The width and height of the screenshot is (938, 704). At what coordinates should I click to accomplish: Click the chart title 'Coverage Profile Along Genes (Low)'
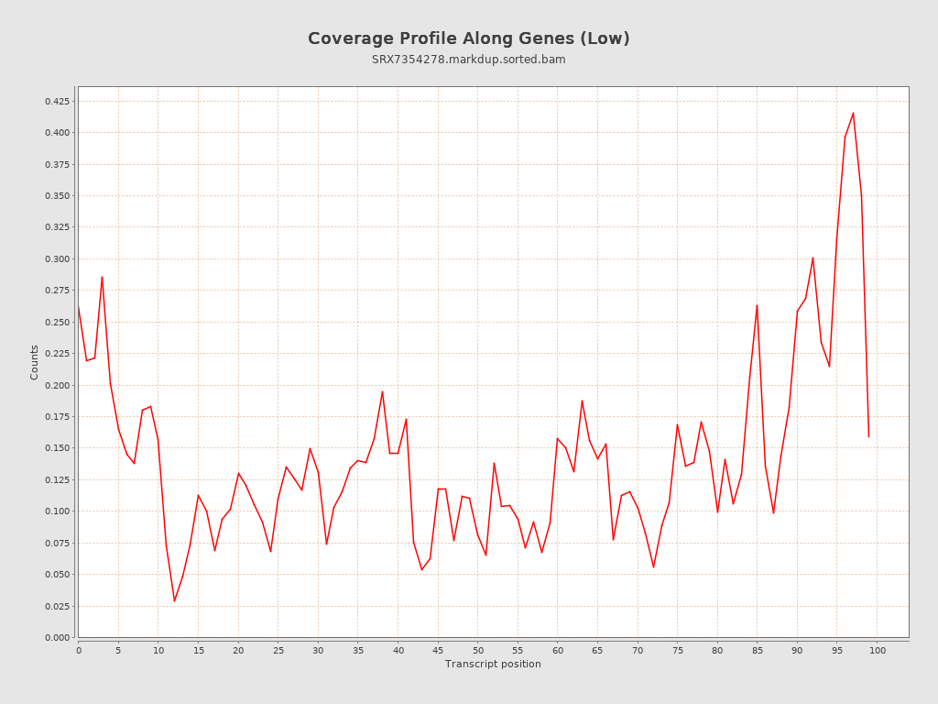[468, 38]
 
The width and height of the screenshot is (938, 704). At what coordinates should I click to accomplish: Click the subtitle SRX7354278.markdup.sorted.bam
[468, 60]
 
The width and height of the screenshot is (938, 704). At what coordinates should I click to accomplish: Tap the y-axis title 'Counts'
[35, 362]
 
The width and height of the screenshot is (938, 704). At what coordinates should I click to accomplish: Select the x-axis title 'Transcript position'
[493, 664]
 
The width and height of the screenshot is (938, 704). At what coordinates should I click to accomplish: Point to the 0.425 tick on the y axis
[57, 101]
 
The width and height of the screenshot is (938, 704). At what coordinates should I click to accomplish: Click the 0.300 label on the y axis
[57, 259]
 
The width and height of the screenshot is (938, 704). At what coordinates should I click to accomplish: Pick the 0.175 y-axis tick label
[57, 417]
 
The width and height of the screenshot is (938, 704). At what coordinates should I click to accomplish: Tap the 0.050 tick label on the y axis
[57, 575]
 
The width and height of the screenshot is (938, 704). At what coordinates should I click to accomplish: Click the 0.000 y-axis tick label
[57, 638]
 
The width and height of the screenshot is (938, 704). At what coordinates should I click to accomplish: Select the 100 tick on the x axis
[878, 650]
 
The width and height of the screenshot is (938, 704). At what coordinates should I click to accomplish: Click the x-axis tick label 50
[478, 650]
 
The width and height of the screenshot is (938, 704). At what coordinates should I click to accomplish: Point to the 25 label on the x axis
[278, 650]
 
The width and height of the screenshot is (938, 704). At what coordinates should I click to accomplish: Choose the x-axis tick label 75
[678, 650]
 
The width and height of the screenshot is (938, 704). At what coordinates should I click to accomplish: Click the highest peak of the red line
[853, 113]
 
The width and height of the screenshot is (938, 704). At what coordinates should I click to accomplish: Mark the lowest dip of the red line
[174, 601]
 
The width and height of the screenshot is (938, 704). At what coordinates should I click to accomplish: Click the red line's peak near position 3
[102, 277]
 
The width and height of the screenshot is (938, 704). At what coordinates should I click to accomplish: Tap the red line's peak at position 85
[758, 305]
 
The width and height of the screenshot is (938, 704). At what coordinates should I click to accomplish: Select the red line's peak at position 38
[382, 391]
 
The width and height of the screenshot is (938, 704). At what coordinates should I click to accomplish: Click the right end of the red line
[868, 436]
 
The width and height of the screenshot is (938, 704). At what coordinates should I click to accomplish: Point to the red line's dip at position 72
[653, 567]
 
